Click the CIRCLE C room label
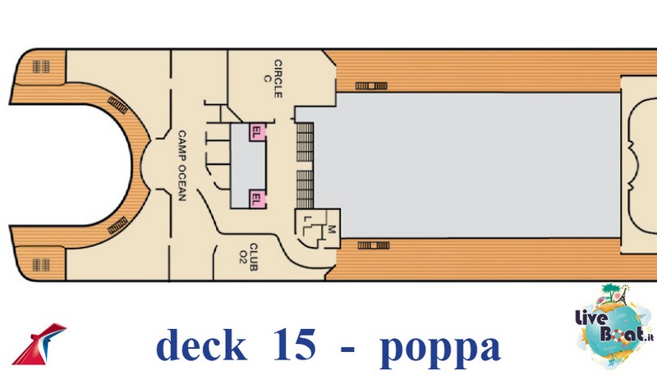(273, 78)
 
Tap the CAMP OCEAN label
(181, 165)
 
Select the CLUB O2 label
(249, 257)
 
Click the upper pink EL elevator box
(257, 132)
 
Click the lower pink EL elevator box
(257, 199)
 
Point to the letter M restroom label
(332, 229)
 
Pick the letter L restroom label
(307, 219)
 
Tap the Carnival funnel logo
(39, 343)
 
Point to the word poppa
(439, 348)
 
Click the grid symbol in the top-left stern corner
(41, 66)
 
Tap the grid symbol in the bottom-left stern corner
(41, 264)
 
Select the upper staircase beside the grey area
(305, 142)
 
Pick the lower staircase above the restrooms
(305, 190)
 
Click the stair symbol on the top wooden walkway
(371, 86)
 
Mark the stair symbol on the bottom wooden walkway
(374, 245)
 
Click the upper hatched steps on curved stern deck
(117, 105)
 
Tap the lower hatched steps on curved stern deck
(117, 225)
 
